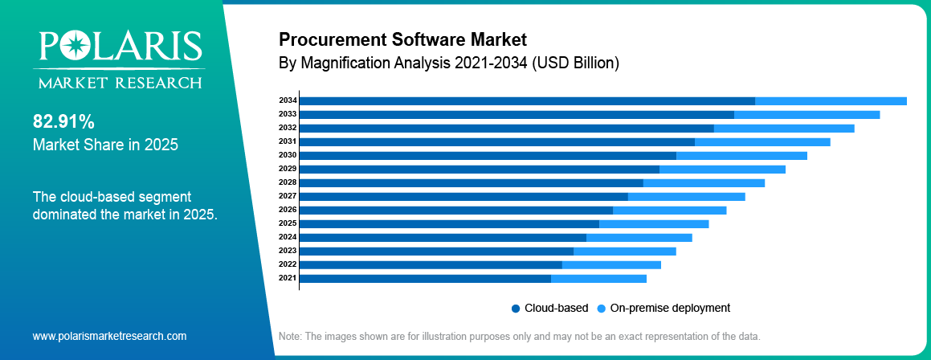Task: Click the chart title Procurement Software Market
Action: tap(402, 39)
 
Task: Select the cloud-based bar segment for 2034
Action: tap(527, 100)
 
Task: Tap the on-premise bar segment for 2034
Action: tap(831, 100)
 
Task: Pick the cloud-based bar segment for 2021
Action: tap(425, 278)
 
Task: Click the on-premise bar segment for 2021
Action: tap(598, 278)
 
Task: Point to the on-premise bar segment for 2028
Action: tap(704, 182)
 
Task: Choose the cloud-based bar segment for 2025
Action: tap(449, 223)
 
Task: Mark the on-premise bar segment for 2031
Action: tap(762, 141)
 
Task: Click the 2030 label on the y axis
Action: tap(288, 155)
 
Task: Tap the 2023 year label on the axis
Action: tap(288, 251)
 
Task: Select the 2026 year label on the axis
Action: tap(288, 210)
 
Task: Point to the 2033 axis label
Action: tap(288, 114)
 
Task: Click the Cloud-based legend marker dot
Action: tap(516, 308)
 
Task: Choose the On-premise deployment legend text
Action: tap(670, 308)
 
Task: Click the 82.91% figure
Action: tap(63, 122)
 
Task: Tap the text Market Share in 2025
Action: tap(105, 145)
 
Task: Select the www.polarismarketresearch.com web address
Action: tap(109, 336)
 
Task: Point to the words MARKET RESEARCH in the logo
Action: tap(117, 83)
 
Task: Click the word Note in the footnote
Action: tap(289, 336)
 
